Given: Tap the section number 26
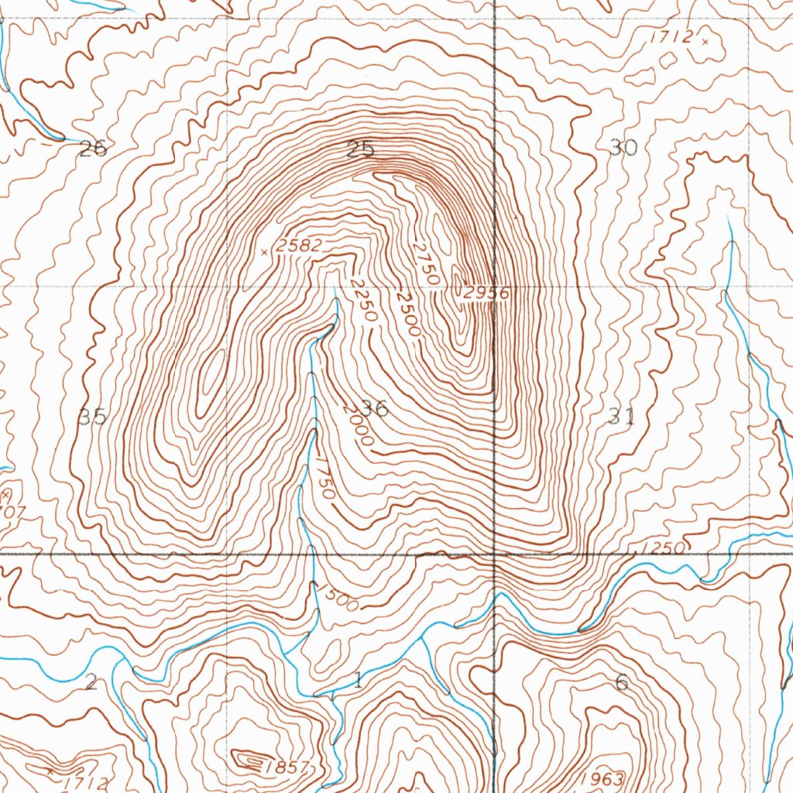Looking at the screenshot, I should [x=93, y=149].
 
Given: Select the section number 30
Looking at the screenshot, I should [x=623, y=147].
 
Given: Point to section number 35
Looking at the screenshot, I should [x=93, y=417].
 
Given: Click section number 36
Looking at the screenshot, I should [x=376, y=409].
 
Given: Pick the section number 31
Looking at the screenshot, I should [x=622, y=417].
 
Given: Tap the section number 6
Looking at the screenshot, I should [x=621, y=682].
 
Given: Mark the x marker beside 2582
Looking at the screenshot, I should [x=265, y=252].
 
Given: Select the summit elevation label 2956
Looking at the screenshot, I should [x=486, y=294].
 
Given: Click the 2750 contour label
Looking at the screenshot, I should [x=426, y=263].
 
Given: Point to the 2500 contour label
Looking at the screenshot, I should [x=407, y=313].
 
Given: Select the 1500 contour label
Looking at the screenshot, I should [x=338, y=596].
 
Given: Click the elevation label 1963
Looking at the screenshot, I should [x=602, y=778].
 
